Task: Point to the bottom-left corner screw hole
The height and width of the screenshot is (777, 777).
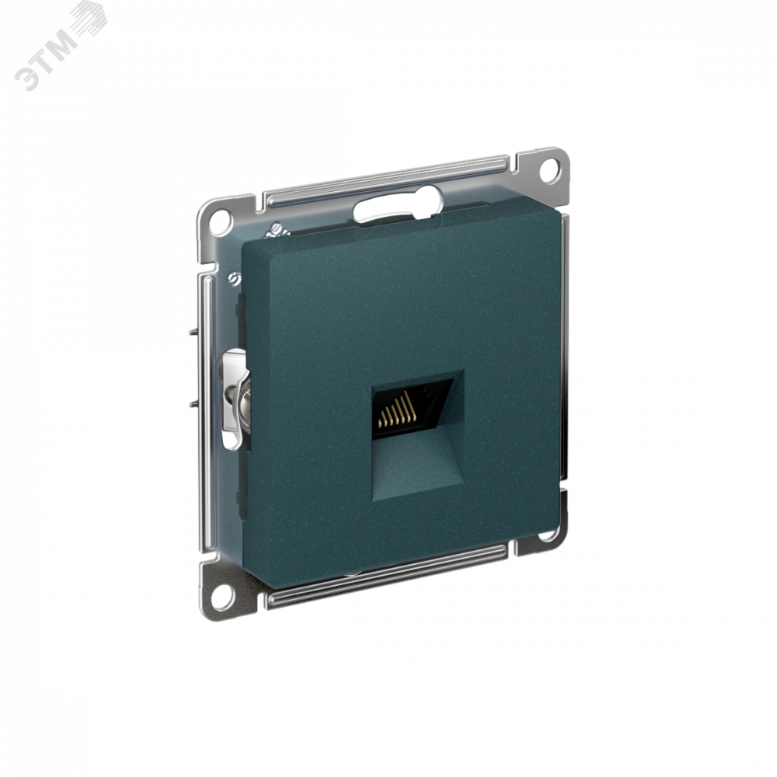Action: coord(222,596)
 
